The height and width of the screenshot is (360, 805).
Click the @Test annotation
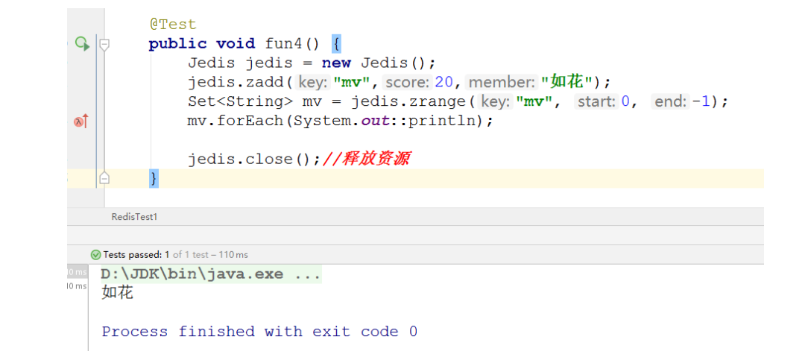click(173, 25)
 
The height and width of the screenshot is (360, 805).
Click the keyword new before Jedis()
click(336, 63)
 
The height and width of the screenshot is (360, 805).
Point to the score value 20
click(443, 82)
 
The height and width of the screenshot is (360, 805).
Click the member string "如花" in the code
click(566, 82)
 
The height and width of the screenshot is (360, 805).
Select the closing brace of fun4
click(154, 178)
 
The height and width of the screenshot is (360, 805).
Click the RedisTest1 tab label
click(134, 217)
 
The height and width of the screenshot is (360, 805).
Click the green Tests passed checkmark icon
click(95, 255)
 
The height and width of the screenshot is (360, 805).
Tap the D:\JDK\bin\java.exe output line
click(210, 274)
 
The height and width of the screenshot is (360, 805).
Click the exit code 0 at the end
click(413, 332)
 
